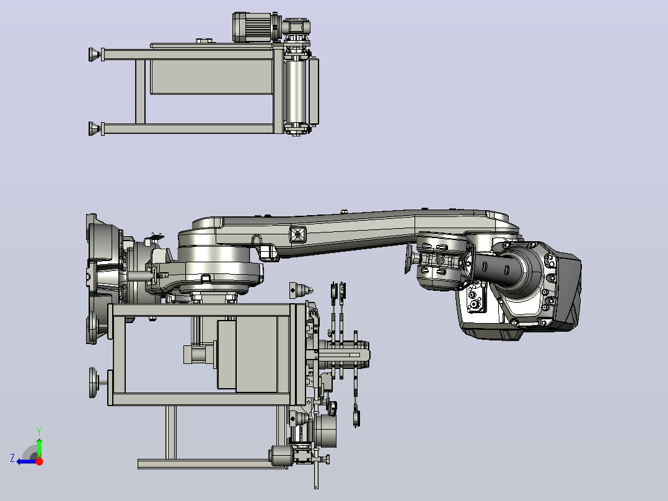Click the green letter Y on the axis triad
tap(39, 431)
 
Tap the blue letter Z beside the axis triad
tap(12, 458)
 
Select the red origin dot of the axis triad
tap(39, 461)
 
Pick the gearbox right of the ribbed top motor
tap(296, 29)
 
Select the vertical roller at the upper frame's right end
tap(297, 91)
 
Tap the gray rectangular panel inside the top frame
tap(211, 77)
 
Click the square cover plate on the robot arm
tap(297, 234)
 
